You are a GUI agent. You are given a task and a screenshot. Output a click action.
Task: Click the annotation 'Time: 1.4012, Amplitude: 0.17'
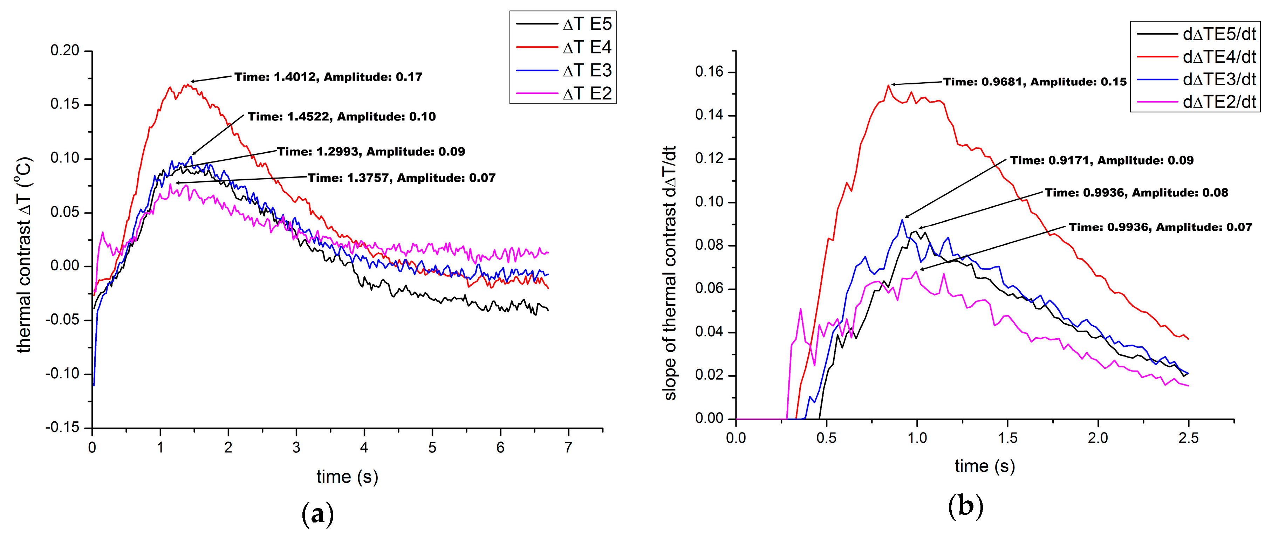click(x=328, y=77)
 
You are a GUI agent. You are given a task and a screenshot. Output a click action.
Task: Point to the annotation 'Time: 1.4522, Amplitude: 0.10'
click(x=342, y=117)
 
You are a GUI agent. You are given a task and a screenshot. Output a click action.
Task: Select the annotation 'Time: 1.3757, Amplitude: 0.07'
click(x=402, y=178)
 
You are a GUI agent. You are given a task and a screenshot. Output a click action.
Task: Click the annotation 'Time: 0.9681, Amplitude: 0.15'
click(x=1035, y=82)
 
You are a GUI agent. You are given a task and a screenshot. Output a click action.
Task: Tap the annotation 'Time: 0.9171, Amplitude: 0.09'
click(x=1102, y=160)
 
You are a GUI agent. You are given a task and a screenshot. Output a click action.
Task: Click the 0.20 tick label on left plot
click(x=65, y=50)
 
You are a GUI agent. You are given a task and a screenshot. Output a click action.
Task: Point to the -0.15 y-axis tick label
click(x=62, y=428)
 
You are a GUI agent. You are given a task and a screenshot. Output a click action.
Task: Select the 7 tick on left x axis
click(x=568, y=448)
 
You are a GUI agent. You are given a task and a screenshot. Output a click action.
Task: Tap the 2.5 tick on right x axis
click(x=1188, y=438)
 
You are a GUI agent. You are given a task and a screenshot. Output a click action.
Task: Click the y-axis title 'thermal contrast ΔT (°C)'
click(x=24, y=255)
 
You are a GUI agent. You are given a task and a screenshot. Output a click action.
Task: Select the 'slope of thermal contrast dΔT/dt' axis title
click(x=670, y=272)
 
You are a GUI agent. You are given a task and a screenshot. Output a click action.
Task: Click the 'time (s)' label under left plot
click(x=347, y=477)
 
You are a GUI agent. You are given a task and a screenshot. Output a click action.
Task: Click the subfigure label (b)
click(x=965, y=506)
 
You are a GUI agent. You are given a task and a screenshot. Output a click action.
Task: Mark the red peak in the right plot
click(x=888, y=85)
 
